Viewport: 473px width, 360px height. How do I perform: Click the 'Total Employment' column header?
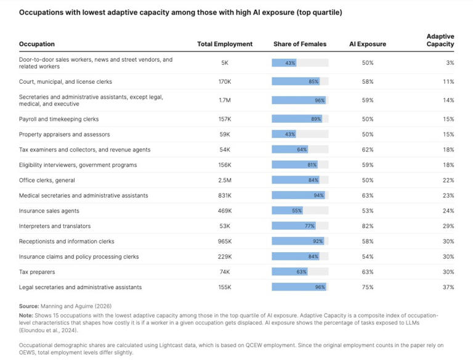pyautogui.click(x=225, y=44)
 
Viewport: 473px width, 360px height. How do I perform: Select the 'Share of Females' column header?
pyautogui.click(x=300, y=44)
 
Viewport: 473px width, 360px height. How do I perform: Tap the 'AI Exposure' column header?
pyautogui.click(x=368, y=44)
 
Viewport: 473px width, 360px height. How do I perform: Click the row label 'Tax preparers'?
pyautogui.click(x=37, y=272)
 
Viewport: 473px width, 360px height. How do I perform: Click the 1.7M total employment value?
pyautogui.click(x=225, y=100)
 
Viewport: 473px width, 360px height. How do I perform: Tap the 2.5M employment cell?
pyautogui.click(x=225, y=180)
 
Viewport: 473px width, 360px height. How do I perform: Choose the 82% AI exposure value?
pyautogui.click(x=368, y=226)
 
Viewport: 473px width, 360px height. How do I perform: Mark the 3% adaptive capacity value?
pyautogui.click(x=450, y=63)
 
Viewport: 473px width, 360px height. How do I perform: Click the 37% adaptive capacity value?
pyautogui.click(x=448, y=287)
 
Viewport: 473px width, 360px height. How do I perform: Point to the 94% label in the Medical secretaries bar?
pyautogui.click(x=318, y=195)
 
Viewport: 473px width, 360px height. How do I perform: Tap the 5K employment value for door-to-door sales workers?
pyautogui.click(x=225, y=63)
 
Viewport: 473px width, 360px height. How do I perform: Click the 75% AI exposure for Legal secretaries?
pyautogui.click(x=368, y=287)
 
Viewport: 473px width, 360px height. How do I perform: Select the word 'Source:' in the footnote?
pyautogui.click(x=29, y=306)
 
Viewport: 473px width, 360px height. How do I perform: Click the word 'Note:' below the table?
pyautogui.click(x=26, y=314)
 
